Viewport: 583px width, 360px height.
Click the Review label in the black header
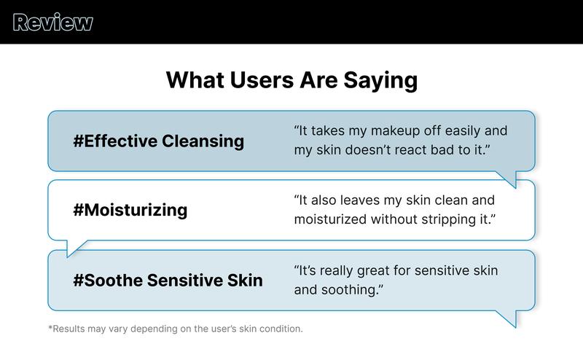coord(53,23)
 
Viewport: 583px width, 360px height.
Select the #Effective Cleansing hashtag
coord(158,141)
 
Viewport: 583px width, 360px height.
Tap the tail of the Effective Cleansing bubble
coord(509,179)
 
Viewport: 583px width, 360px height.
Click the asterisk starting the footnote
coord(50,328)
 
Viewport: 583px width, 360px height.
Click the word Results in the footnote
coord(70,329)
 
